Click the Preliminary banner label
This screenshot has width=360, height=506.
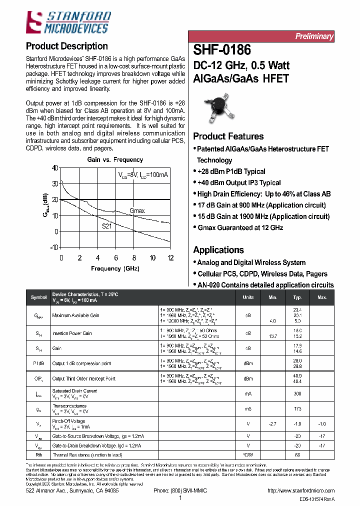pyautogui.click(x=313, y=36)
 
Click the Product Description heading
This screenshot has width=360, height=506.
pyautogui.click(x=66, y=46)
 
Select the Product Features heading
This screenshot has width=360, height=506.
pyautogui.click(x=228, y=136)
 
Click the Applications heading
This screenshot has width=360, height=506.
pyautogui.click(x=218, y=250)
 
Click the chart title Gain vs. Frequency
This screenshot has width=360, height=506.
pyautogui.click(x=115, y=160)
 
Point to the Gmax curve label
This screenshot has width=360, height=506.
pyautogui.click(x=137, y=211)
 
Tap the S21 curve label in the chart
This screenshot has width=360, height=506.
pyautogui.click(x=107, y=225)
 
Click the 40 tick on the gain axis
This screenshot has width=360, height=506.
pyautogui.click(x=54, y=168)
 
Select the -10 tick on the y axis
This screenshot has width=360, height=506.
pyautogui.click(x=53, y=247)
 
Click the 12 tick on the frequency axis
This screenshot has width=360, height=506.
pyautogui.click(x=170, y=258)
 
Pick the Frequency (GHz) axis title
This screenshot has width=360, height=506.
pyautogui.click(x=115, y=268)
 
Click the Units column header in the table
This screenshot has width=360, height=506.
pyautogui.click(x=248, y=297)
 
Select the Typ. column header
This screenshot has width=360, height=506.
pyautogui.click(x=297, y=297)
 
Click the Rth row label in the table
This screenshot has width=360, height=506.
pyautogui.click(x=38, y=455)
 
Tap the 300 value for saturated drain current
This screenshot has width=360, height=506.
pyautogui.click(x=297, y=394)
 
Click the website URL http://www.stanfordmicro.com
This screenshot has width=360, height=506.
pyautogui.click(x=301, y=491)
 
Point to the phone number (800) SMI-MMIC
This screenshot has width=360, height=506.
pyautogui.click(x=179, y=491)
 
